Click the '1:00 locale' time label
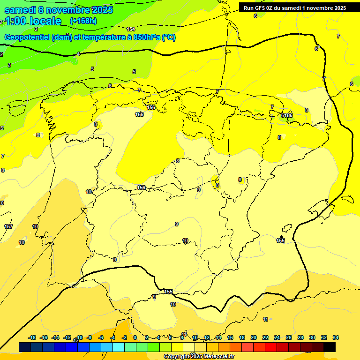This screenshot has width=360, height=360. (x=33, y=21)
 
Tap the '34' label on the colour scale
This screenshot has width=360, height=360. (x=336, y=337)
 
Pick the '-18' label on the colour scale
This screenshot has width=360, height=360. (x=32, y=337)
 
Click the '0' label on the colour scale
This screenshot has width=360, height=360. (x=135, y=337)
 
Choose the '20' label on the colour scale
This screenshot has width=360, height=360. (x=254, y=337)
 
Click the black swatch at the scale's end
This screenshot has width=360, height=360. (x=330, y=347)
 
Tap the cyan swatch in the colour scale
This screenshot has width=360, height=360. (x=119, y=347)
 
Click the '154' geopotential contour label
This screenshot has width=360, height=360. (x=131, y=29)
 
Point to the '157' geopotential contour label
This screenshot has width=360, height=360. (x=8, y=226)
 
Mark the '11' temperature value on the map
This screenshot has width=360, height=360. (x=266, y=319)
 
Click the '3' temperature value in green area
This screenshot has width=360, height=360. (x=9, y=65)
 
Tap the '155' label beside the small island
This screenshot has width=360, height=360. (x=280, y=240)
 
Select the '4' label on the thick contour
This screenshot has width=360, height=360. (x=78, y=54)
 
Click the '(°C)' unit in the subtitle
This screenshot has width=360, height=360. (x=169, y=37)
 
